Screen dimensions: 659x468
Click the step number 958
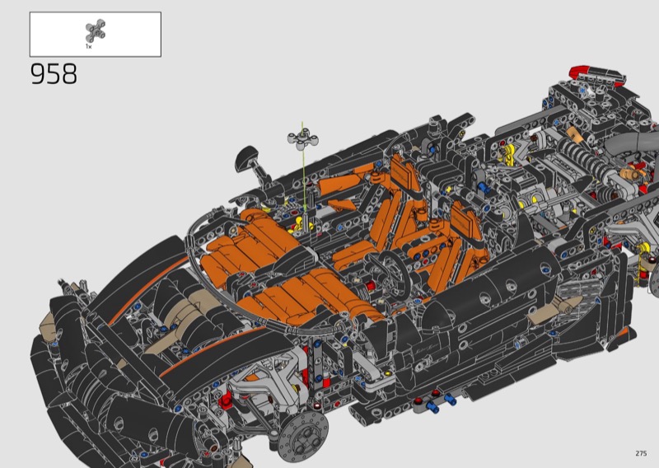[x=54, y=74]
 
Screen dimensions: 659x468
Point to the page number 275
[x=641, y=453]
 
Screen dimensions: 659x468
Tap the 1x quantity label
[x=89, y=46]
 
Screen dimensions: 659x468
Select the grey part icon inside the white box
[x=96, y=30]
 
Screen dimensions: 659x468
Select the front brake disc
[x=303, y=437]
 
